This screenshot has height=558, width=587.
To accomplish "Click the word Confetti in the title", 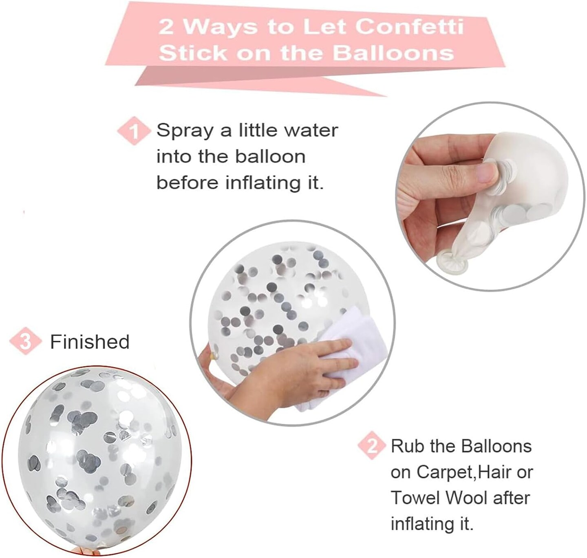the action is point(409,27).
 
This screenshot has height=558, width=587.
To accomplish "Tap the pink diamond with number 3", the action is point(25,341).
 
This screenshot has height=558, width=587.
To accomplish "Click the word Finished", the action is point(90,342).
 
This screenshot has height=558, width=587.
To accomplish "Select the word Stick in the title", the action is point(193,53).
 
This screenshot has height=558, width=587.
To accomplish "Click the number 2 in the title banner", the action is point(166,27).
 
